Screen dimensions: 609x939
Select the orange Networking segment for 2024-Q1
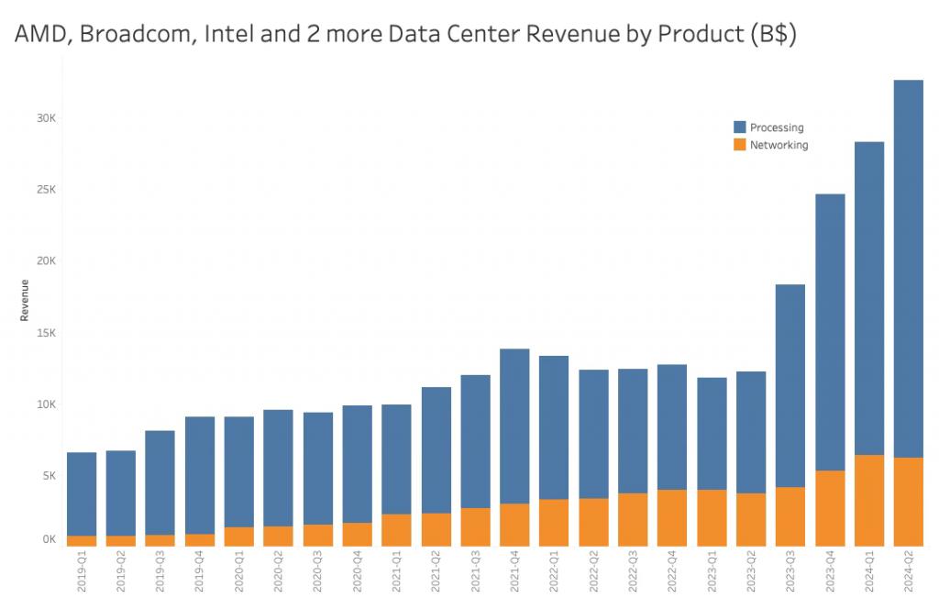coord(868,500)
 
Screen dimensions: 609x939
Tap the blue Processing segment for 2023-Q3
coord(790,385)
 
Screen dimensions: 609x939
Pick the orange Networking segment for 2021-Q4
coord(514,525)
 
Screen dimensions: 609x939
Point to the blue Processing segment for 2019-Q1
coord(82,493)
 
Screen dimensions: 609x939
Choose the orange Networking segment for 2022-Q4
coord(671,517)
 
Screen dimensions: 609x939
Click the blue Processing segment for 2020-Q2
coord(278,468)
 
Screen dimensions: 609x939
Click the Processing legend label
coord(777,127)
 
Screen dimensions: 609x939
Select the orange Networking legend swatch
coord(739,145)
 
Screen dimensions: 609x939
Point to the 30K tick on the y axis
coord(47,118)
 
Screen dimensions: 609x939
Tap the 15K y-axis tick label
coord(47,333)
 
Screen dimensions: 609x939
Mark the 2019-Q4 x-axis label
coord(200,573)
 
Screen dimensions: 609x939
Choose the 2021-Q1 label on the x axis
coord(397,573)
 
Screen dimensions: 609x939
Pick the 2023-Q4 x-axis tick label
coord(830,573)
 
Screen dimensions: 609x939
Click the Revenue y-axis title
coord(25,300)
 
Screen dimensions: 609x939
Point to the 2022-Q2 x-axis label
coord(593,573)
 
